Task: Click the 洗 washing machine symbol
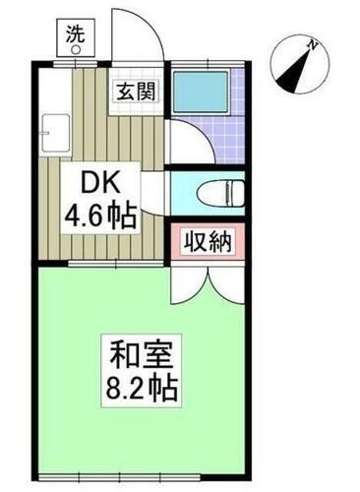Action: click(x=75, y=34)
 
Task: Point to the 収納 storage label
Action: click(x=205, y=242)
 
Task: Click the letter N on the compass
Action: click(x=311, y=44)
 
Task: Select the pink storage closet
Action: click(x=205, y=242)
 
